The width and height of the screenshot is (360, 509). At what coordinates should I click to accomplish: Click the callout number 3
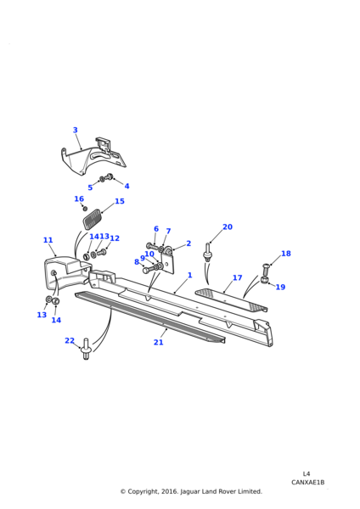[x=75, y=130]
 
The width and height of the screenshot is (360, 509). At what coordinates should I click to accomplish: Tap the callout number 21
[x=158, y=342]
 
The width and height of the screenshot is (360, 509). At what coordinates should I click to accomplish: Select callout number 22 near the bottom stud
[x=70, y=340]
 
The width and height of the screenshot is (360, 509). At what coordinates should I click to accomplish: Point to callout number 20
[x=228, y=227]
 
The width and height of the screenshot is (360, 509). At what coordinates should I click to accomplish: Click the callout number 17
[x=238, y=278]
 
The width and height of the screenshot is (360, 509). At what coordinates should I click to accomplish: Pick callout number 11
[x=48, y=240]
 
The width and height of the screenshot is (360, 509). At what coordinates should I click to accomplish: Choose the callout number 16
[x=79, y=199]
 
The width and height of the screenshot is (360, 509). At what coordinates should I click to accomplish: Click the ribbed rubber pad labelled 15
[x=91, y=220]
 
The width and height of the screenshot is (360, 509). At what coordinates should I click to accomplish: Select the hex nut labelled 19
[x=264, y=279]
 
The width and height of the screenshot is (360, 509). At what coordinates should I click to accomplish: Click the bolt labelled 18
[x=264, y=270]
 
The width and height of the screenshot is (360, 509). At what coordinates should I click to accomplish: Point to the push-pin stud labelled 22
[x=86, y=350]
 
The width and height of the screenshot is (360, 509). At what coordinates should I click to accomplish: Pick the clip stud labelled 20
[x=207, y=252]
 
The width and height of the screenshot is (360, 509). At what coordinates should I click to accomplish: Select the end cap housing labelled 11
[x=66, y=272]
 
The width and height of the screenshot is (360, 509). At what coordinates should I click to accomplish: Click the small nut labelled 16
[x=86, y=208]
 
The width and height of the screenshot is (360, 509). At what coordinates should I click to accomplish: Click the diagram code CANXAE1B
[x=307, y=483]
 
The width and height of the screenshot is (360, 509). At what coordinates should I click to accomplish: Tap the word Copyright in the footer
[x=143, y=491]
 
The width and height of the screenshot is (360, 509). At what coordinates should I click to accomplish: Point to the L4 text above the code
[x=306, y=474]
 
